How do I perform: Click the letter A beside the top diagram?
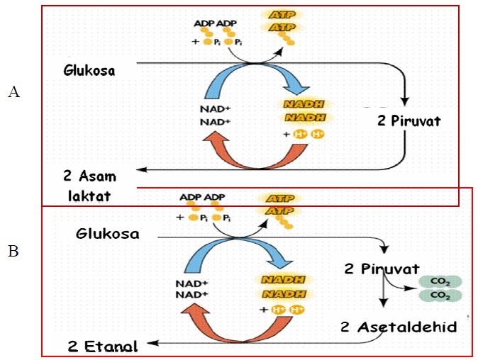click(x=13, y=91)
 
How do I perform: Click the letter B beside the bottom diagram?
click(x=13, y=250)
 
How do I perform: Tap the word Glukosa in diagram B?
click(x=108, y=233)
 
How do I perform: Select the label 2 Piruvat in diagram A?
click(x=409, y=120)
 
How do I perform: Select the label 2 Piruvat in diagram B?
click(x=381, y=269)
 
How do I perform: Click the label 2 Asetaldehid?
click(x=399, y=327)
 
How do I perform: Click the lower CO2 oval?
click(x=440, y=295)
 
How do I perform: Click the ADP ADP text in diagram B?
click(x=201, y=197)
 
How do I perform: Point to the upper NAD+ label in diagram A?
click(x=217, y=109)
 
